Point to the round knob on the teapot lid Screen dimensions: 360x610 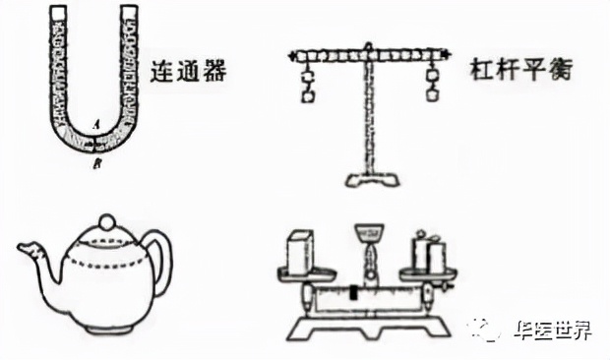coord(106,222)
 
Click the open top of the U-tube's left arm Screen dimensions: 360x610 coord(57,12)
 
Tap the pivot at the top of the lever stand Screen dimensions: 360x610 coord(368,49)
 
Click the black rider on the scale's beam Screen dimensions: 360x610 coord(354,292)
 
